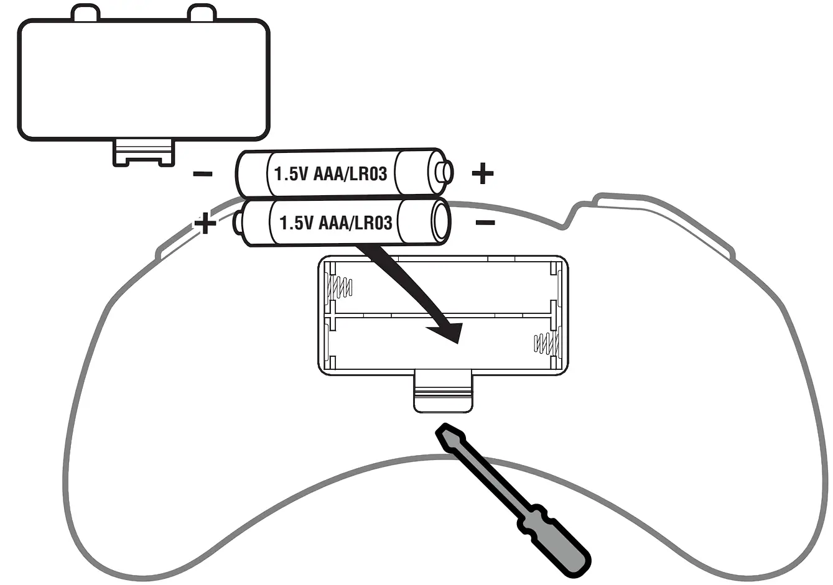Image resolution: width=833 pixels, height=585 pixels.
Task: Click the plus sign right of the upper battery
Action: click(x=483, y=173)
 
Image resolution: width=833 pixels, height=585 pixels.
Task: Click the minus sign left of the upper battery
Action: click(x=203, y=174)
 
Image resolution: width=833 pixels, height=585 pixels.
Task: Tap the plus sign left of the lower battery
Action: click(x=205, y=223)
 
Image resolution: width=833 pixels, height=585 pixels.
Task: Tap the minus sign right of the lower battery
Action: click(x=485, y=223)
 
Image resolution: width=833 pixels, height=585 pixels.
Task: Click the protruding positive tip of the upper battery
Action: click(x=446, y=171)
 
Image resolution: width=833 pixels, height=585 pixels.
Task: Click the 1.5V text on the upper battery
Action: click(x=291, y=173)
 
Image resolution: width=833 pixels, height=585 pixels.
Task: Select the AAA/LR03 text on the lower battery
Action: click(x=355, y=223)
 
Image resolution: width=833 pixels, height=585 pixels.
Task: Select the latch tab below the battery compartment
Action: click(x=442, y=391)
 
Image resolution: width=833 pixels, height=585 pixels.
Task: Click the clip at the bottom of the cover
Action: click(x=144, y=153)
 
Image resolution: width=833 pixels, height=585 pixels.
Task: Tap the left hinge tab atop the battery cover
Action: click(x=85, y=13)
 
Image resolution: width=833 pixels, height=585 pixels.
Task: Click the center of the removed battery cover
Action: click(x=144, y=78)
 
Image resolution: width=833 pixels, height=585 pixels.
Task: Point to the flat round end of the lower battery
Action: click(x=440, y=223)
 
